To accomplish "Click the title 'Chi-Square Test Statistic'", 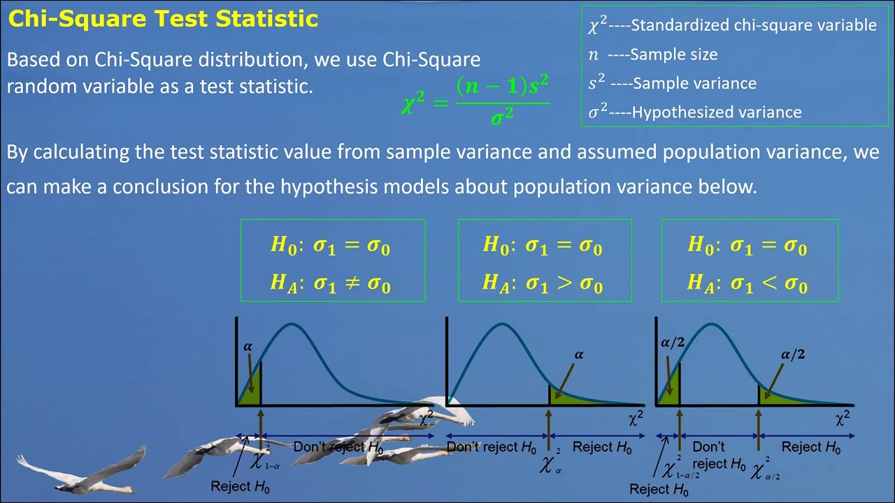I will [163, 19].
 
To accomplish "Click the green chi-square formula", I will [475, 101].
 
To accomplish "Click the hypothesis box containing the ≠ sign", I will [332, 261].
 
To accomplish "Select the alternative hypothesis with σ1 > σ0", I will [543, 283].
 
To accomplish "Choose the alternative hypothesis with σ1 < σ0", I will [747, 283].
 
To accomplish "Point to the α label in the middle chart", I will [579, 355].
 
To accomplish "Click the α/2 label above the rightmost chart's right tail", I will [792, 355].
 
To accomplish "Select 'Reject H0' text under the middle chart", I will [602, 447].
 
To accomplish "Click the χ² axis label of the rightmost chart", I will [843, 418].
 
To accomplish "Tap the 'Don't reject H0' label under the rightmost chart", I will [717, 455].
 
